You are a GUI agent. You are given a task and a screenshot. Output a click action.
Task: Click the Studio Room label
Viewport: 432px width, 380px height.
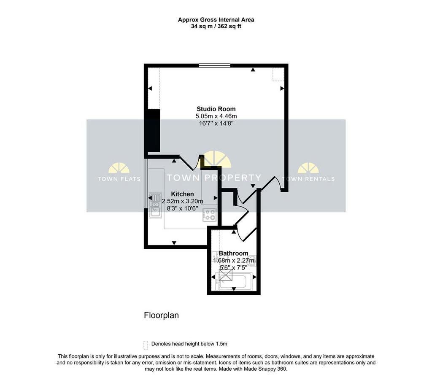(216, 109)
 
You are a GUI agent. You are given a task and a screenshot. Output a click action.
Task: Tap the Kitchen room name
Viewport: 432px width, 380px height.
(182, 194)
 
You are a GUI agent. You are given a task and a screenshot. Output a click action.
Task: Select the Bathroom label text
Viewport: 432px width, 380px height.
(233, 253)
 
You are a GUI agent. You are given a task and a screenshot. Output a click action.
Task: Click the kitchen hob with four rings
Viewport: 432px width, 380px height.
(210, 215)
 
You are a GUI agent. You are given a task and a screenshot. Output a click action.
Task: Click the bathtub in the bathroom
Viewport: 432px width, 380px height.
(235, 281)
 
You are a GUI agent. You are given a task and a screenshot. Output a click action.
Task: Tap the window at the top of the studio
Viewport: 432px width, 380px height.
(215, 65)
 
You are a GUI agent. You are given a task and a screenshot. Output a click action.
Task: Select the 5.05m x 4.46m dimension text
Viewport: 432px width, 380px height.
(216, 116)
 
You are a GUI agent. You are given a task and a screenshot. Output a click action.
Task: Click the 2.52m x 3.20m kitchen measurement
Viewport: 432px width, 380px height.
(182, 201)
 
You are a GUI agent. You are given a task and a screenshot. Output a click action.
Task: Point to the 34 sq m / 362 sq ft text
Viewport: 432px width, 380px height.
(216, 27)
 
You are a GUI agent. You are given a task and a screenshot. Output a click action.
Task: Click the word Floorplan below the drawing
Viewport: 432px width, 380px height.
(162, 315)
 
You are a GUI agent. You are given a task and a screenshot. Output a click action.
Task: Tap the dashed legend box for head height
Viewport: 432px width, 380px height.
(146, 345)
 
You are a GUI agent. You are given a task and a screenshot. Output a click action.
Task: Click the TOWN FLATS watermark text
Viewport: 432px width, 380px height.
(119, 179)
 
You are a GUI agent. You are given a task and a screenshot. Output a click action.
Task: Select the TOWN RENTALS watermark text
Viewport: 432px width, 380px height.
(308, 179)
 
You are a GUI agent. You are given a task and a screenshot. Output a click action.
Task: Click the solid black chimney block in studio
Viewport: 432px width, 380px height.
(154, 131)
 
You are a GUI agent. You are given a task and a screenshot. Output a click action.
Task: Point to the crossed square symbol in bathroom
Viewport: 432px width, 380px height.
(226, 275)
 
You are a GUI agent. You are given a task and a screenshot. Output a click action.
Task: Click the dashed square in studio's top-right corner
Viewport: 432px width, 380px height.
(278, 74)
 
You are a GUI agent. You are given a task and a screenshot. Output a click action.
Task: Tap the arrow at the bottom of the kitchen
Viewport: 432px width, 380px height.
(174, 243)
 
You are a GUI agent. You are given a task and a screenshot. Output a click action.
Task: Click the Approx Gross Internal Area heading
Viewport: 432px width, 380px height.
(216, 20)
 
